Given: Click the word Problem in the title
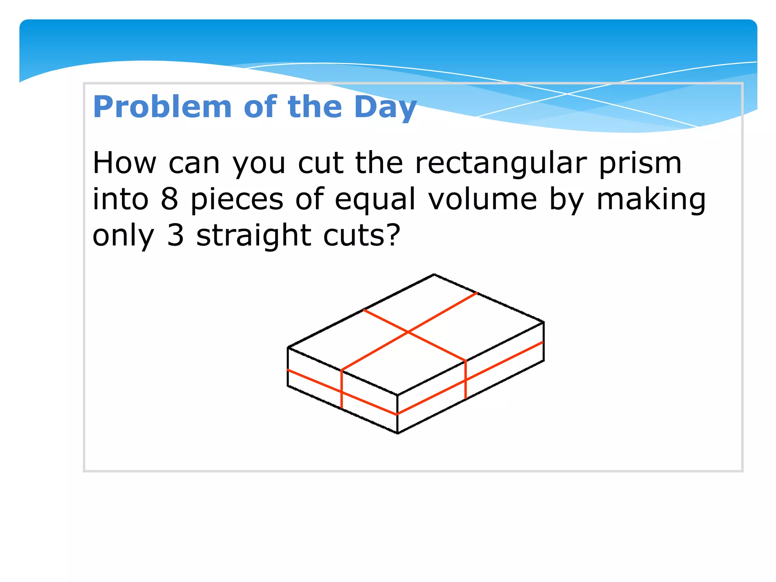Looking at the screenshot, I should point(162,107).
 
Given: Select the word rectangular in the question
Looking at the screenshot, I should point(501,164).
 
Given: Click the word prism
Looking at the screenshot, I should point(640,164).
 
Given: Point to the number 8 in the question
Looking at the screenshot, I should point(169,200).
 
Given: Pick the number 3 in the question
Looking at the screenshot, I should point(175,236).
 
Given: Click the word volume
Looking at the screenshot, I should point(482,200).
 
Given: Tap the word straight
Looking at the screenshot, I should point(253,236).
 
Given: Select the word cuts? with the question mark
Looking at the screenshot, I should point(362,236).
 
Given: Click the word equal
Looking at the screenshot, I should point(375,200).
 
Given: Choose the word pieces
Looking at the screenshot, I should point(237,200).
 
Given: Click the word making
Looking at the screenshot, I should point(651,200).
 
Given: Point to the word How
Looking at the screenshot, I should point(124,164).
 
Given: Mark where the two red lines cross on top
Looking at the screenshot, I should point(408,332).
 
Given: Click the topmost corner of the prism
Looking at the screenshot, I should point(434,274).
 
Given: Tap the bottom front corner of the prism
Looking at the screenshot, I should point(397,433).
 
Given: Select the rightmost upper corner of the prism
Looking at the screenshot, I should point(544,322).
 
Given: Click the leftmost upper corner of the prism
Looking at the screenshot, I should point(288,347).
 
